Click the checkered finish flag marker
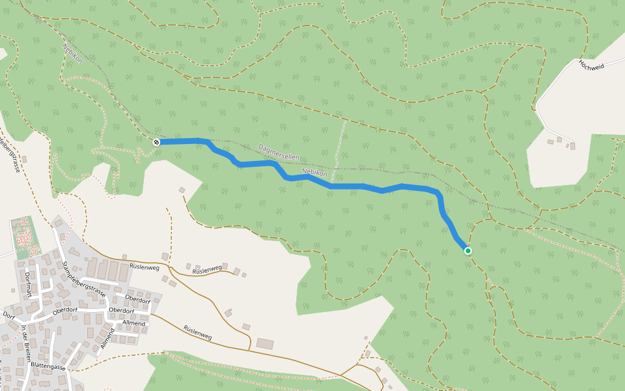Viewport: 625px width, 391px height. click(x=156, y=142)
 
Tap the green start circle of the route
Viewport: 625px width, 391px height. click(x=467, y=250)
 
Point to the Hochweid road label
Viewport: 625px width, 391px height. click(x=592, y=74)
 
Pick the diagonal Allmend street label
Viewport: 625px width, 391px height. click(x=107, y=338)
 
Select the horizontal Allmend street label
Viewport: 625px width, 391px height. click(x=133, y=323)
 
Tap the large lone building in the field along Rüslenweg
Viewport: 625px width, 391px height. click(x=265, y=343)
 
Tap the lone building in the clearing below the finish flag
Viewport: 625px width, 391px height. click(x=182, y=190)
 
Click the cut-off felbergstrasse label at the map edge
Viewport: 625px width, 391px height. click(x=10, y=154)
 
